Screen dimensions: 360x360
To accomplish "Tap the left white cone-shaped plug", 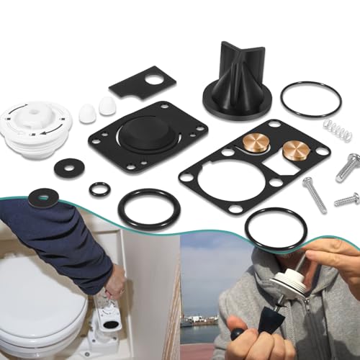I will pyautogui.click(x=86, y=112).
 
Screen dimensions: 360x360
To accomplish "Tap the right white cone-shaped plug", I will pyautogui.click(x=107, y=106).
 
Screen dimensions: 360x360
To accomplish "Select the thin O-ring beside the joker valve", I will pyautogui.click(x=310, y=99).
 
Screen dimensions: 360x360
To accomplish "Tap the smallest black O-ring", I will pyautogui.click(x=99, y=189).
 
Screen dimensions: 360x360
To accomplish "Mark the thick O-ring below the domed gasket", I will pyautogui.click(x=149, y=209).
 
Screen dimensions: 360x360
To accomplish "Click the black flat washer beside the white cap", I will pyautogui.click(x=68, y=166).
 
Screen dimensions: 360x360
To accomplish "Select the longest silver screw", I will pyautogui.click(x=315, y=194).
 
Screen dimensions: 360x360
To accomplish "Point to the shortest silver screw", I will pyautogui.click(x=346, y=198).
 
